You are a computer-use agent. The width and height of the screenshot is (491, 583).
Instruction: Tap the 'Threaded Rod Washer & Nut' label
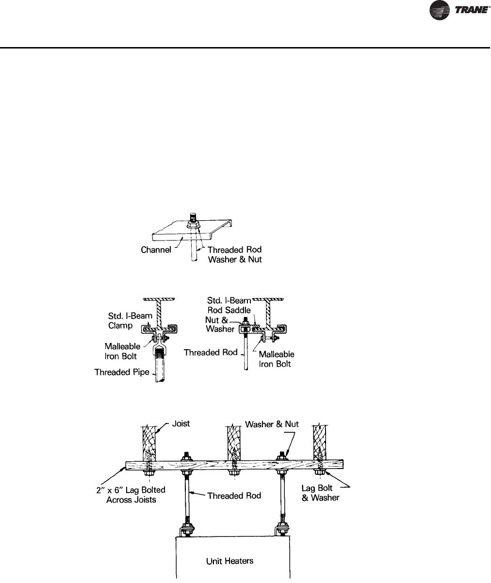[x=234, y=254]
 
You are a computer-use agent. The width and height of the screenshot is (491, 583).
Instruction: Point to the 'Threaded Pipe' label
[x=122, y=372]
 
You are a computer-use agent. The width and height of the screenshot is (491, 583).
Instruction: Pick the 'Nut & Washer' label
[x=220, y=324]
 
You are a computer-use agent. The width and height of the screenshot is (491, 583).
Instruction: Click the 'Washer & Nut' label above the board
[x=272, y=424]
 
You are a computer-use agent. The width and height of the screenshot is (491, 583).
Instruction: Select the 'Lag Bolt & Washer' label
[x=320, y=493]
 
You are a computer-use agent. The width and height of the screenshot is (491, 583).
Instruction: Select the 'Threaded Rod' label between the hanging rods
[x=234, y=495]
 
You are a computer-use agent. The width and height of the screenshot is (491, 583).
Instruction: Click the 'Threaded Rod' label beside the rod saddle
[x=211, y=353]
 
